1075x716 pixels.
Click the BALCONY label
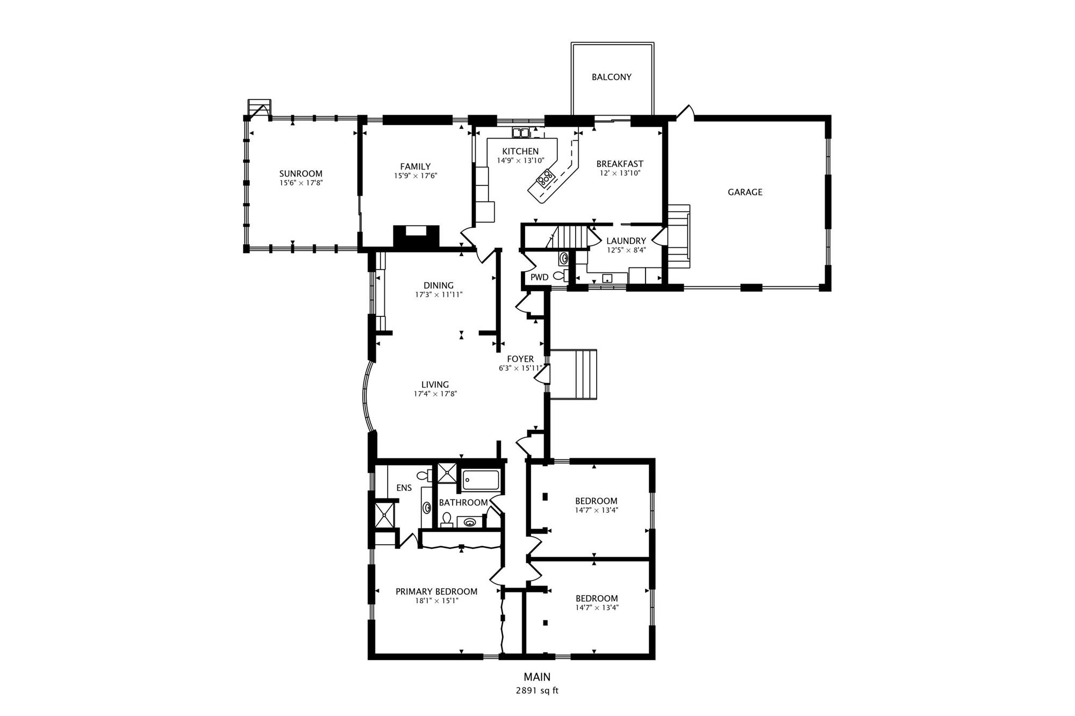612,77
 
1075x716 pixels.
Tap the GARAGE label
745,192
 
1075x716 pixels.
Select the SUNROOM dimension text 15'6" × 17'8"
301,183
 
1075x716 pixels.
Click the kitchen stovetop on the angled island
546,177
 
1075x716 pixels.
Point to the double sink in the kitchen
520,133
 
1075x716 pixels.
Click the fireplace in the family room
417,236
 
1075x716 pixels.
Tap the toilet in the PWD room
561,276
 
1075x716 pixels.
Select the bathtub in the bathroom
481,480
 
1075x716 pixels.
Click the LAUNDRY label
626,241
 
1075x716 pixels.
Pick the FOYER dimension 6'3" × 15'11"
520,368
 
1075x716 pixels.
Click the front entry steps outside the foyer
574,374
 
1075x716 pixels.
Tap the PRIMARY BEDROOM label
436,592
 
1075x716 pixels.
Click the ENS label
404,488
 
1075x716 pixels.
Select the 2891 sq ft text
537,691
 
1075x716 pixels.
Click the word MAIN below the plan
537,677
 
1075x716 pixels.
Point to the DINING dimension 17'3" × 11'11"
439,295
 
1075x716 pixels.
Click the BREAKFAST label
620,164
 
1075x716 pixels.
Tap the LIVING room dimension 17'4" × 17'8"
435,394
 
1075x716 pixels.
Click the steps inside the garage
679,236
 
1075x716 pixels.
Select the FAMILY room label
415,167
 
